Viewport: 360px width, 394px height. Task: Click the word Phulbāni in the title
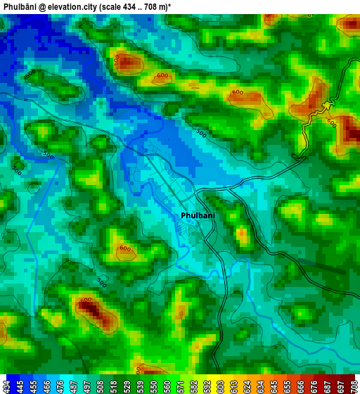[20, 6]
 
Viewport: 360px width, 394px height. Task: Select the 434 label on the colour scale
[7, 386]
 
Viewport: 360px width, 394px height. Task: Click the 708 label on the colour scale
[354, 386]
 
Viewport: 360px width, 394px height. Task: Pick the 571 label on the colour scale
[180, 386]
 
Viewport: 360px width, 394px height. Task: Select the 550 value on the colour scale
[154, 386]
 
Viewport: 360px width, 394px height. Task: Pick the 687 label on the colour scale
[327, 386]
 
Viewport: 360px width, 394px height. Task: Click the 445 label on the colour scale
[20, 386]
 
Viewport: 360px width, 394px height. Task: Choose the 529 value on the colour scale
[127, 386]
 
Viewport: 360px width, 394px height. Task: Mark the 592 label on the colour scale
[207, 386]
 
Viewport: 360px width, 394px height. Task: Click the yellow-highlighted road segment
[326, 106]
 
